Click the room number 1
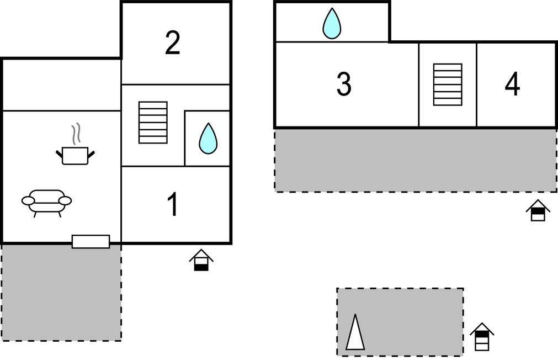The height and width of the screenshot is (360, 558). coord(173,204)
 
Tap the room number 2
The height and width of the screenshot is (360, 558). coord(173,43)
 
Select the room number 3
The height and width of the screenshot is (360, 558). coord(343,84)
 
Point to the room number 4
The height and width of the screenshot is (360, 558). coord(512,84)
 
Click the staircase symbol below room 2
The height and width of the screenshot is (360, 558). coord(153,123)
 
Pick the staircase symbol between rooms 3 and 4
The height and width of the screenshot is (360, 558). coord(447,84)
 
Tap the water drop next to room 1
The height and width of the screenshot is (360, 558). coord(208,139)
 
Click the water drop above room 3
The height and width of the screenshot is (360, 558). coord(332,24)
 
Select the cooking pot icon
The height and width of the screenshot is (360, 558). coord(76,155)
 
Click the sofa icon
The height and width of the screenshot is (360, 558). coord(47,202)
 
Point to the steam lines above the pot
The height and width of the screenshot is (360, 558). coord(76,134)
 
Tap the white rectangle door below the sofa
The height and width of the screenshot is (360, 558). coord(91,241)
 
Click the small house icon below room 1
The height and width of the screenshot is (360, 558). coord(201,260)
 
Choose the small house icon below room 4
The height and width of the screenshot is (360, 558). coord(538,210)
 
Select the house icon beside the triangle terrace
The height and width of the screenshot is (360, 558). coord(482,337)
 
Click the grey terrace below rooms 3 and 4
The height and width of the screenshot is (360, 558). coord(415,160)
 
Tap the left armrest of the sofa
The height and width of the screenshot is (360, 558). coord(28,200)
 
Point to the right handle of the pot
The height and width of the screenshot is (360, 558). coord(91,153)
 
